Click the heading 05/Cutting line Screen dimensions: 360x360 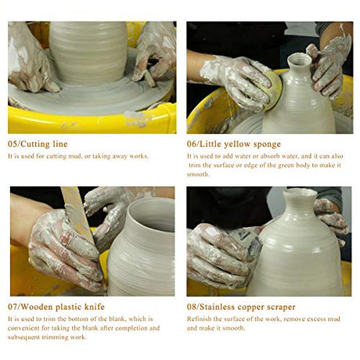click(38, 144)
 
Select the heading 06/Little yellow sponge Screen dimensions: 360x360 click(234, 144)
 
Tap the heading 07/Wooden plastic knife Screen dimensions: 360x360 click(56, 307)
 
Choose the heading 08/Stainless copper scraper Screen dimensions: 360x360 click(241, 307)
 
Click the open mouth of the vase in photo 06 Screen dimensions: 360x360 click(300, 60)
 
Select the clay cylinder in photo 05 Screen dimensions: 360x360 click(88, 52)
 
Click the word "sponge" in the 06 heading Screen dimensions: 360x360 click(267, 145)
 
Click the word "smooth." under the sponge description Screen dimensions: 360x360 click(198, 175)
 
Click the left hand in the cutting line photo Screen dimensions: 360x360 click(29, 60)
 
